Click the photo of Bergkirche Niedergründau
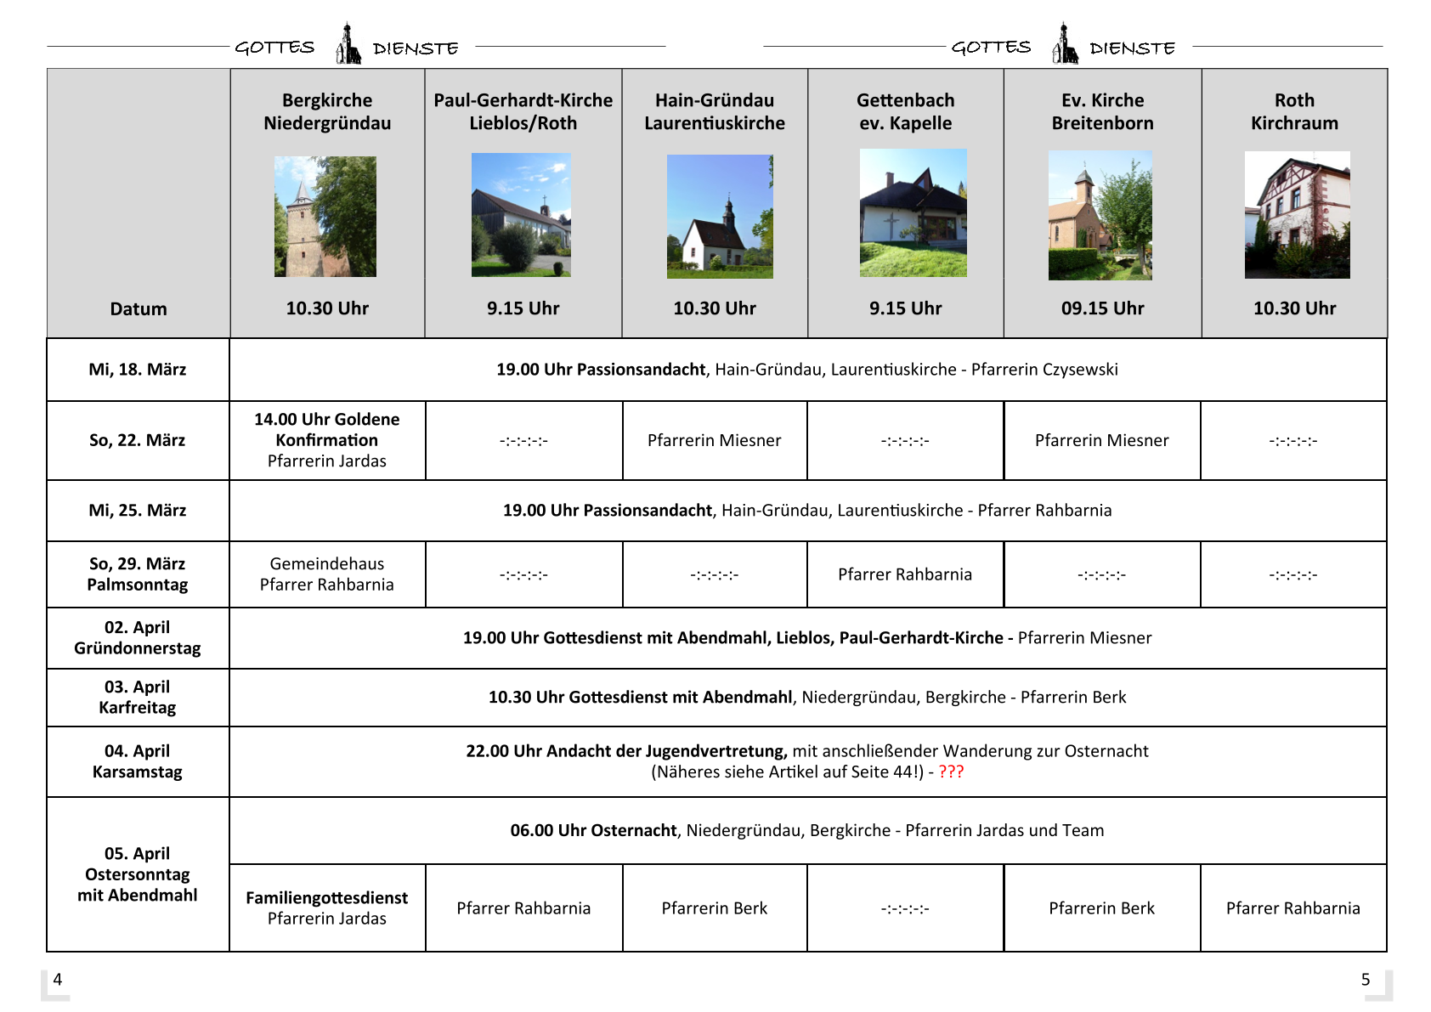click(x=325, y=216)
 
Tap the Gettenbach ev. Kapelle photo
click(x=913, y=212)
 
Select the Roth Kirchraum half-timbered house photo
click(x=1297, y=214)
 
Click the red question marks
click(x=951, y=772)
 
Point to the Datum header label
click(x=139, y=309)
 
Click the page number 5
click(x=1366, y=979)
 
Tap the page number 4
click(x=58, y=979)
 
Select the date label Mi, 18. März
click(x=138, y=370)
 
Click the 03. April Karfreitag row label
click(x=138, y=697)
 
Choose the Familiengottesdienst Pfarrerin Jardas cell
click(x=327, y=907)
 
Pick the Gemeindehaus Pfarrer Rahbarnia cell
click(x=327, y=574)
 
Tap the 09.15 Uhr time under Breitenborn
click(x=1102, y=308)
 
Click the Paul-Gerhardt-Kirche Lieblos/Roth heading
click(x=523, y=111)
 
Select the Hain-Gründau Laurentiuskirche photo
click(x=720, y=216)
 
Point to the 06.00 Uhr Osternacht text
click(x=593, y=830)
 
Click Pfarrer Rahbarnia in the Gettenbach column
click(x=905, y=574)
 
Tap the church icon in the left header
click(x=348, y=44)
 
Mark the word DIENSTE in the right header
click(x=1132, y=48)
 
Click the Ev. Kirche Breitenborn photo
click(x=1100, y=215)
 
